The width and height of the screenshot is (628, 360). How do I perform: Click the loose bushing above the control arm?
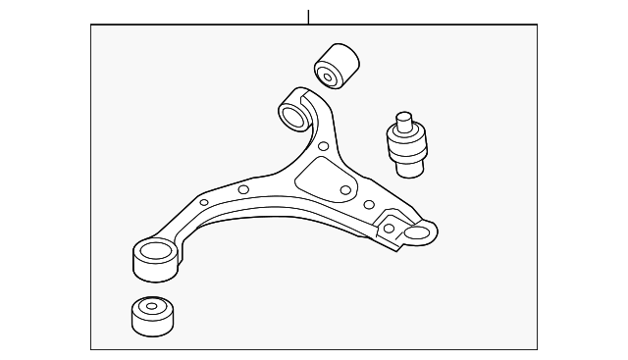[336, 64]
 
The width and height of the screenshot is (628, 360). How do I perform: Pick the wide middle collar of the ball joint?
[405, 146]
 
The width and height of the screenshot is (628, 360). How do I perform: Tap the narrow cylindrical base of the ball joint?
[408, 167]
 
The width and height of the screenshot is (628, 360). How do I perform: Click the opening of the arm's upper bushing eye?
[291, 118]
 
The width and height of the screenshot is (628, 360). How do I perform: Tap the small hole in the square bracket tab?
[390, 229]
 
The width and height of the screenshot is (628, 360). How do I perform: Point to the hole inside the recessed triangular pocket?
[344, 190]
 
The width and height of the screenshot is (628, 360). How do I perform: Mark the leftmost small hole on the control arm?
[204, 203]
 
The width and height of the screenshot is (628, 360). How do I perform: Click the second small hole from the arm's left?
[243, 190]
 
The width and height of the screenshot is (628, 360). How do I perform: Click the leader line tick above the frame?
[309, 17]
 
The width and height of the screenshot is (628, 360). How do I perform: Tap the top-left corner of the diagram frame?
[91, 26]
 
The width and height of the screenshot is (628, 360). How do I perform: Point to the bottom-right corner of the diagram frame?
[538, 349]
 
